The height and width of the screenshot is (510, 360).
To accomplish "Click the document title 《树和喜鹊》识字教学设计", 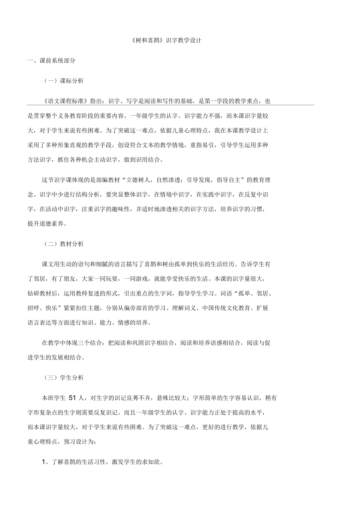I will point(166,40).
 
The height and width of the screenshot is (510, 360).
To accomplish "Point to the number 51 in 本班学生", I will point(73,398).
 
